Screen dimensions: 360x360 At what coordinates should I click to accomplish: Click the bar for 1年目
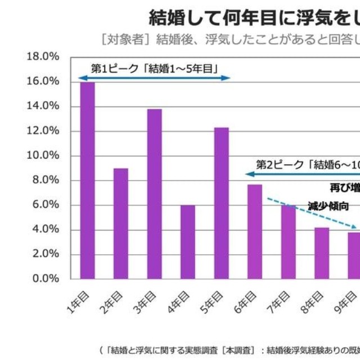pos(87,180)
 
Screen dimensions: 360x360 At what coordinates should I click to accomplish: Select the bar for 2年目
pos(121,223)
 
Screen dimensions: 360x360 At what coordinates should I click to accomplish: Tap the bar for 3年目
pos(155,193)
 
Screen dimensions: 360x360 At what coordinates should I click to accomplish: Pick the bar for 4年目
pos(188,242)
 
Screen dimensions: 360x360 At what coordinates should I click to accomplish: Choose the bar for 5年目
pos(222,203)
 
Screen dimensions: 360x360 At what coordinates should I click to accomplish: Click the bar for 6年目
pos(255,231)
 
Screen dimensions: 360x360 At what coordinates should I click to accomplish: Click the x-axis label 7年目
pos(280,303)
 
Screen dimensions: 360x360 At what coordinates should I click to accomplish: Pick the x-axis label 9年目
pos(346,303)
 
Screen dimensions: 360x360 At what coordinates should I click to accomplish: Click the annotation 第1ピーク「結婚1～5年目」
pos(154,68)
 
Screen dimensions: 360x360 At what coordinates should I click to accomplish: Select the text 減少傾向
pos(328,206)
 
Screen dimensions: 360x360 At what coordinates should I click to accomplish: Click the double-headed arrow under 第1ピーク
pos(155,78)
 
